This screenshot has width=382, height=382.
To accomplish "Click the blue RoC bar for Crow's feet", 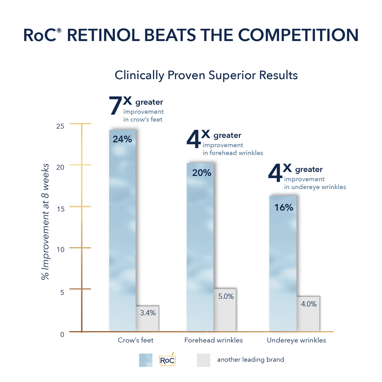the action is (122, 230).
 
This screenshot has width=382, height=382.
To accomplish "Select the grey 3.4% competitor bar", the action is (147, 318).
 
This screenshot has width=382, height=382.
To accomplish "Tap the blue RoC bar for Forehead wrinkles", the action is (200, 247).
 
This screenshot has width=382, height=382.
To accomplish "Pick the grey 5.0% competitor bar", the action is (225, 310).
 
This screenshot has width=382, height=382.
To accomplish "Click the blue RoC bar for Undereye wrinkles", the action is (283, 263).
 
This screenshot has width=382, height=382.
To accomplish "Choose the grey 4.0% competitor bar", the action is (308, 314).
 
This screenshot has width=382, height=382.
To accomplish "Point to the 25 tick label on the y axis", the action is (60, 126).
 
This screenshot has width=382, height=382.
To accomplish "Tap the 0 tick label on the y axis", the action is (62, 335).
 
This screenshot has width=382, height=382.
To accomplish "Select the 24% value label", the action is (122, 139).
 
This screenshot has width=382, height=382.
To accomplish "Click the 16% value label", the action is (284, 208).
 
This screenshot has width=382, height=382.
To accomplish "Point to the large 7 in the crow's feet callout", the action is (115, 105).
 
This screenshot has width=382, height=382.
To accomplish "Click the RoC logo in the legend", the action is (167, 359).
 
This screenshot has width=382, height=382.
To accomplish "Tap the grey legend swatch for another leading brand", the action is (204, 360).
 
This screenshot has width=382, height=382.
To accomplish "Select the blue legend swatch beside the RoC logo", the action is (146, 360).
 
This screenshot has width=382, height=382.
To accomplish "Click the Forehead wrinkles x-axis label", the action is (214, 340).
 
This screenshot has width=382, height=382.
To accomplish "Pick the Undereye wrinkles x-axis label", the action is (297, 340).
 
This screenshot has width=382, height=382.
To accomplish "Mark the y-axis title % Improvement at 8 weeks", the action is (45, 222).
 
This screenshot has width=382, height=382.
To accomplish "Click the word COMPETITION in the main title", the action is (298, 35).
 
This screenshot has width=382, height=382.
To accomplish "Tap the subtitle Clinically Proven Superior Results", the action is (206, 75).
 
